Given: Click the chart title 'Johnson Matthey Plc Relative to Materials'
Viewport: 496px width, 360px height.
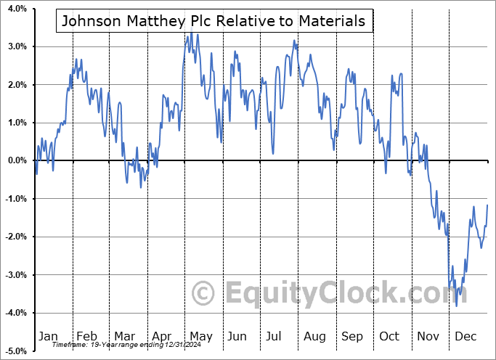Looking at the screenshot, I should pos(214,21).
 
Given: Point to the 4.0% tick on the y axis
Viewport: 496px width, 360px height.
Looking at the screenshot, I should pos(17,9).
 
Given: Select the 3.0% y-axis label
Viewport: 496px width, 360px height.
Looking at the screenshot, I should pos(17,46).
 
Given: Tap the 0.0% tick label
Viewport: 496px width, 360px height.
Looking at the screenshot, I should pos(17,160).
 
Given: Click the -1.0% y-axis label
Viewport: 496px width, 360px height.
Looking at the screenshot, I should pos(16,199).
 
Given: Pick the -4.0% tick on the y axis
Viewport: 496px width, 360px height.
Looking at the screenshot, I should pos(16,313).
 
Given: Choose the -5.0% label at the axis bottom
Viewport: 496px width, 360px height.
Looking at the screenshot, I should pos(16,351).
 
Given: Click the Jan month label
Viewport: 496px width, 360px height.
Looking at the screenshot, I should pos(48,336).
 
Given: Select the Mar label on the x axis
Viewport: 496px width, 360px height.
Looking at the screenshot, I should pos(123,336).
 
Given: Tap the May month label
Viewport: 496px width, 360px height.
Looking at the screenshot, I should pos(200,336).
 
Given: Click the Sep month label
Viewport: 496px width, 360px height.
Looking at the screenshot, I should pos(352,336).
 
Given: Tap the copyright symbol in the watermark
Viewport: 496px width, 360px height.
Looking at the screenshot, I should pos(204,293).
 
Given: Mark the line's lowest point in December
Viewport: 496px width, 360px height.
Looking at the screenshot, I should pos(457,306).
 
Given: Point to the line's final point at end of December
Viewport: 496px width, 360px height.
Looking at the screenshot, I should pos(487,205).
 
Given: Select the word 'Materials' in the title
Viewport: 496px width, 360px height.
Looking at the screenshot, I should pos(331,21).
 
